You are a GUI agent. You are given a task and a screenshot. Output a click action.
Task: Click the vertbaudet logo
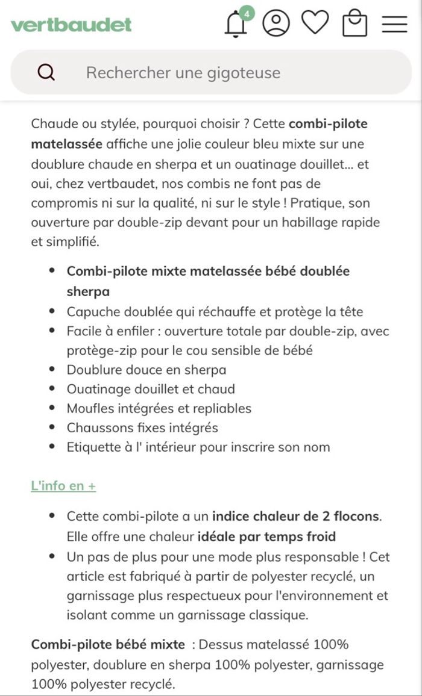coord(71,25)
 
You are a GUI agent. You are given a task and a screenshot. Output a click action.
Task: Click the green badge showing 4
coord(247,12)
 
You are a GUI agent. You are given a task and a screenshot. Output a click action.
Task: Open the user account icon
coord(276,23)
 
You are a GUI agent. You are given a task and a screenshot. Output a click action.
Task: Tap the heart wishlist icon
coord(315,23)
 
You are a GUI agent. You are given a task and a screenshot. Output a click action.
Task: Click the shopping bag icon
coord(354,24)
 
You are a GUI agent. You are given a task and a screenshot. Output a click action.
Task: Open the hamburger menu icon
coord(394,24)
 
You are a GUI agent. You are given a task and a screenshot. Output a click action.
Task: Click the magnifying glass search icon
coord(46,73)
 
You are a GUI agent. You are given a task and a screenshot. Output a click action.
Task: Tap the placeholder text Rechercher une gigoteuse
coord(183,73)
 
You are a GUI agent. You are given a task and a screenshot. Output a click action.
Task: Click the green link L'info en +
coord(63,486)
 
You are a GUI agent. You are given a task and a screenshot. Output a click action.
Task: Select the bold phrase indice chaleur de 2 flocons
coord(297,517)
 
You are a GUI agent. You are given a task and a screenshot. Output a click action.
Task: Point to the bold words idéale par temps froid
coord(266,536)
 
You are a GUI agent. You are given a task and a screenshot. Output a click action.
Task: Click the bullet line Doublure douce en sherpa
coord(146,370)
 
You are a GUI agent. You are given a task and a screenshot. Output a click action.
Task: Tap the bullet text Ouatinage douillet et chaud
coord(151,389)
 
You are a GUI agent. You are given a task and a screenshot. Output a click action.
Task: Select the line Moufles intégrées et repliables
coord(159,408)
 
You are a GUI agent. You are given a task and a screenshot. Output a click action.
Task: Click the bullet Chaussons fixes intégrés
coord(142,428)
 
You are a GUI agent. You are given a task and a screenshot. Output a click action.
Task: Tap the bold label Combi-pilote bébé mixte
coord(108,644)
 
